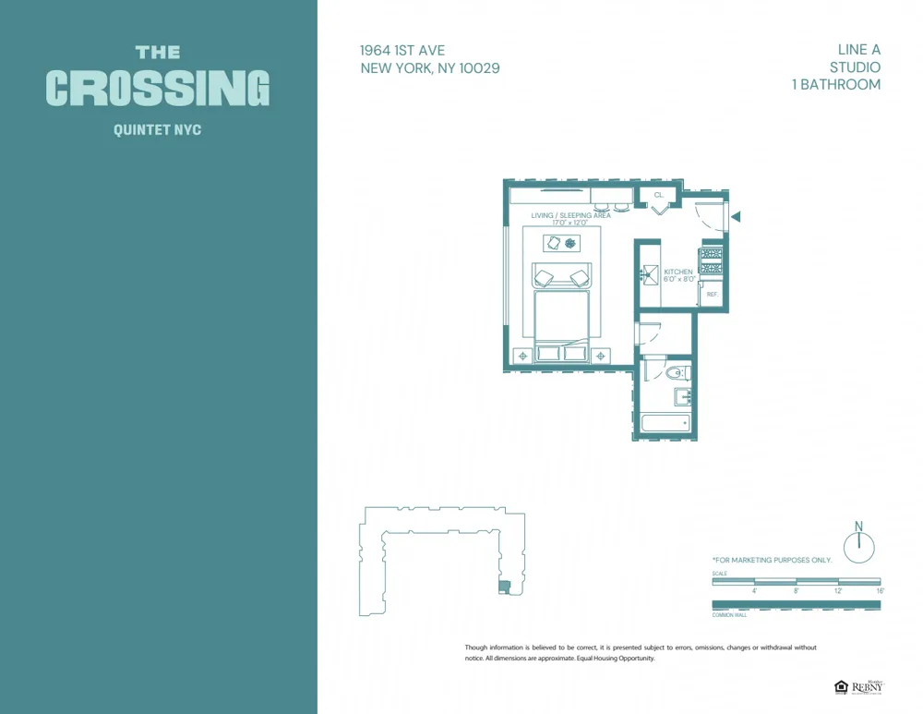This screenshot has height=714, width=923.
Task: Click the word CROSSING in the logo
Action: point(158,89)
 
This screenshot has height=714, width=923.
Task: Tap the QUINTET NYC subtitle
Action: point(157,130)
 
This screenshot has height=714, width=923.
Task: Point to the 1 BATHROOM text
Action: point(835,84)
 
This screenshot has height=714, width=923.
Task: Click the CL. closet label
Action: point(659,196)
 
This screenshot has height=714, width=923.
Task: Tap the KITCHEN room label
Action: point(678,272)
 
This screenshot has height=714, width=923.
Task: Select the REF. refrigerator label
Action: point(712,294)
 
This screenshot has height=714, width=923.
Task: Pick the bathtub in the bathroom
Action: point(665,424)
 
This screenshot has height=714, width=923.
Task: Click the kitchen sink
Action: point(650,274)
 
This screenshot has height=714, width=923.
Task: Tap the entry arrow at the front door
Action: point(736,217)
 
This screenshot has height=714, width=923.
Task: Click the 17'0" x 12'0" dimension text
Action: point(569,223)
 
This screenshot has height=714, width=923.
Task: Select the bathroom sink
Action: point(684,397)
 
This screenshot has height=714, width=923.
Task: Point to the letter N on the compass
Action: point(858,526)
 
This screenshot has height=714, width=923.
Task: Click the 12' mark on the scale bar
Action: point(838,590)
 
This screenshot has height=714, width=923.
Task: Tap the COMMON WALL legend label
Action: point(729,614)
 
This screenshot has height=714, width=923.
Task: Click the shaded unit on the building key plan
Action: point(503,587)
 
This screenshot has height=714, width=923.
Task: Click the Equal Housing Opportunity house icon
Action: point(841,686)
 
